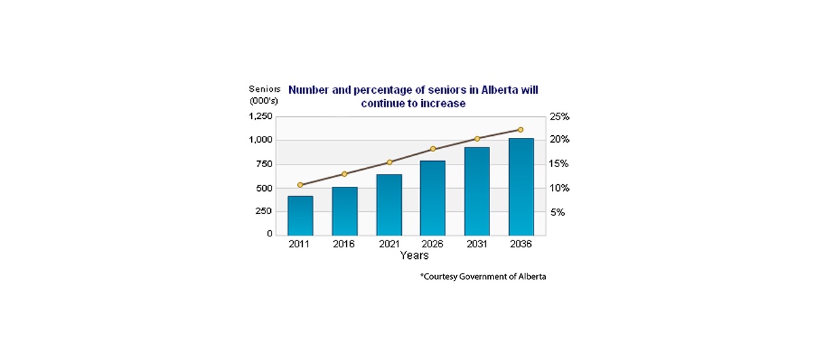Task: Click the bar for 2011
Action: (x=300, y=215)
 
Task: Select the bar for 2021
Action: (x=389, y=204)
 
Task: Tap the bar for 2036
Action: (x=521, y=187)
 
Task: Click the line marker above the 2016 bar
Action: (x=344, y=174)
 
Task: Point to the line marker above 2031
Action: (x=477, y=139)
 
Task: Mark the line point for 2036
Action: (x=521, y=129)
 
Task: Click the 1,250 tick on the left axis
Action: (x=261, y=116)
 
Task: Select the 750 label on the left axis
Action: (x=265, y=164)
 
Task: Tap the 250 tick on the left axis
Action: (x=265, y=211)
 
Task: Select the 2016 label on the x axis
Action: (x=344, y=245)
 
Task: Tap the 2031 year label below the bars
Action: (x=477, y=245)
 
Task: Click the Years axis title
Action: (x=414, y=256)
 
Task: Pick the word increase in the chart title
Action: (x=445, y=104)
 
